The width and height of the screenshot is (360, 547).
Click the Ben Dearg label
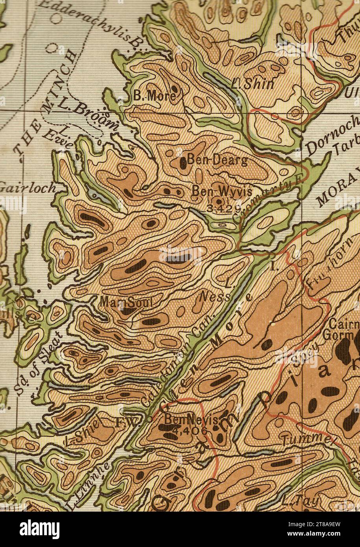[217, 160]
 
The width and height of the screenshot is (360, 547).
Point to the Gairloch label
[28, 188]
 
